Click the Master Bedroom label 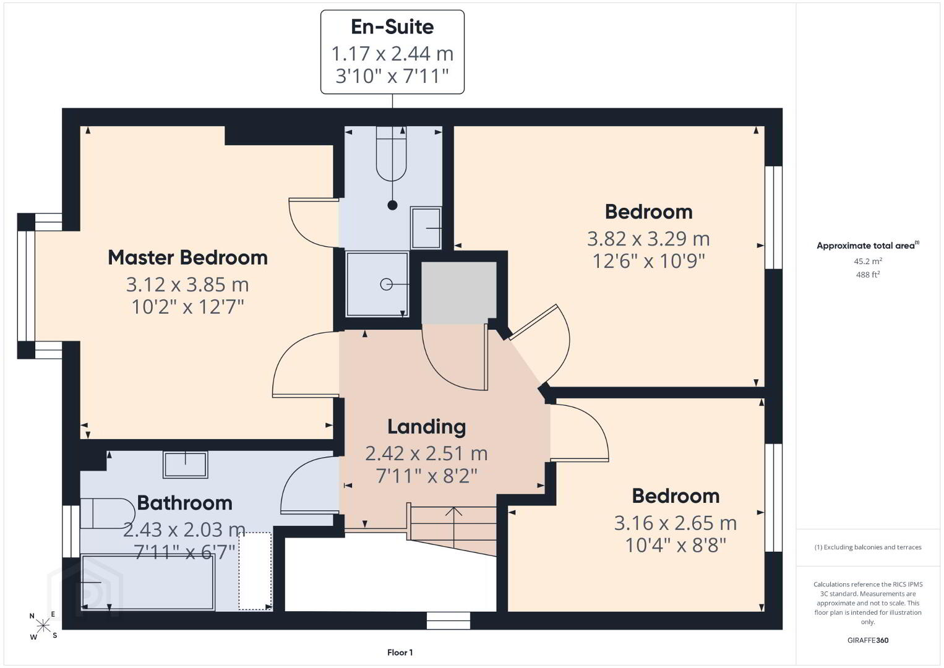187,257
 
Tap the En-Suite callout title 392,27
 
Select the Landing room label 426,427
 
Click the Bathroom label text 184,503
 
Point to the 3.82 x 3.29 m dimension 648,239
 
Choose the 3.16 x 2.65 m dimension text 675,523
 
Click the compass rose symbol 43,625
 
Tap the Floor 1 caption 400,653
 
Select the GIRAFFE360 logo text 868,640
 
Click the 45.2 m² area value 868,261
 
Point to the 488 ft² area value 868,275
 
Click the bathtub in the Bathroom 147,582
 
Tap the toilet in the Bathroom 108,513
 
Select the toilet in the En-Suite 392,154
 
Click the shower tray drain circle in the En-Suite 386,285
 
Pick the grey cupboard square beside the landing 459,293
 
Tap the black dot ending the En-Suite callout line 392,205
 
